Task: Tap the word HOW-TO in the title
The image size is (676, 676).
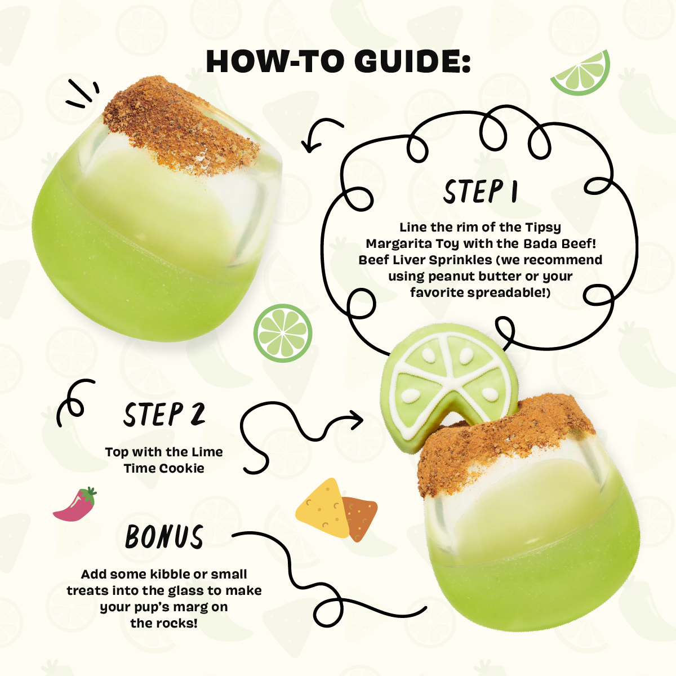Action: click(x=275, y=61)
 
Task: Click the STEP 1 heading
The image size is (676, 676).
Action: click(x=481, y=192)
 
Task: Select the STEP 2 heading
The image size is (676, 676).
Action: click(x=164, y=414)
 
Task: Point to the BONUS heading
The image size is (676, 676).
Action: click(x=164, y=536)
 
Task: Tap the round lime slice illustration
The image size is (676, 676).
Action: click(x=283, y=333)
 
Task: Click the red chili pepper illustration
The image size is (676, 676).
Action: click(x=75, y=504)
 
